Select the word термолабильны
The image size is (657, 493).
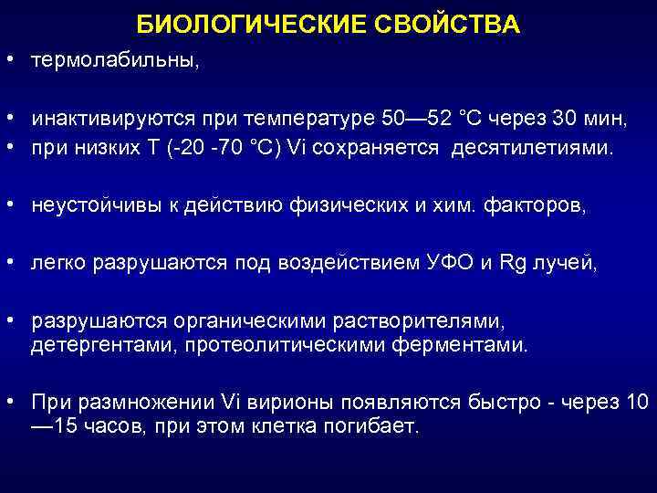(x=114, y=60)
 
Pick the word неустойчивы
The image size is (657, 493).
(x=92, y=206)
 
